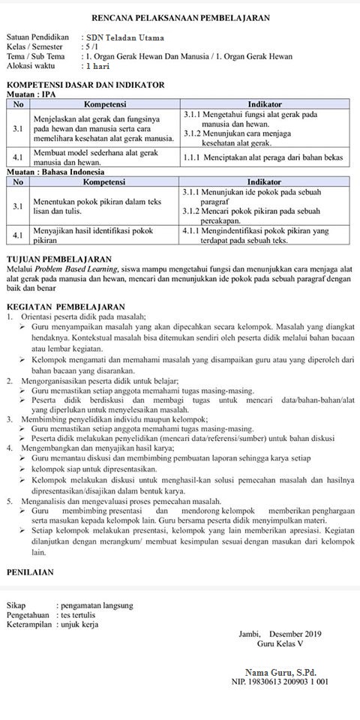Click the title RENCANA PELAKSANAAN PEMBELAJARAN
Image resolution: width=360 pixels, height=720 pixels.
coord(181,17)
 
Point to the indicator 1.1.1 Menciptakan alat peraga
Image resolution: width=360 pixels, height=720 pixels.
coord(263,158)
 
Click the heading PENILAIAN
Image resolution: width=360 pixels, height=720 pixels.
coord(30,572)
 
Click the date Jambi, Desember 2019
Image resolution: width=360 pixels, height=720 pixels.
coord(280,634)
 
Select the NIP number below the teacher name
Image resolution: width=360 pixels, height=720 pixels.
coord(280,682)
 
